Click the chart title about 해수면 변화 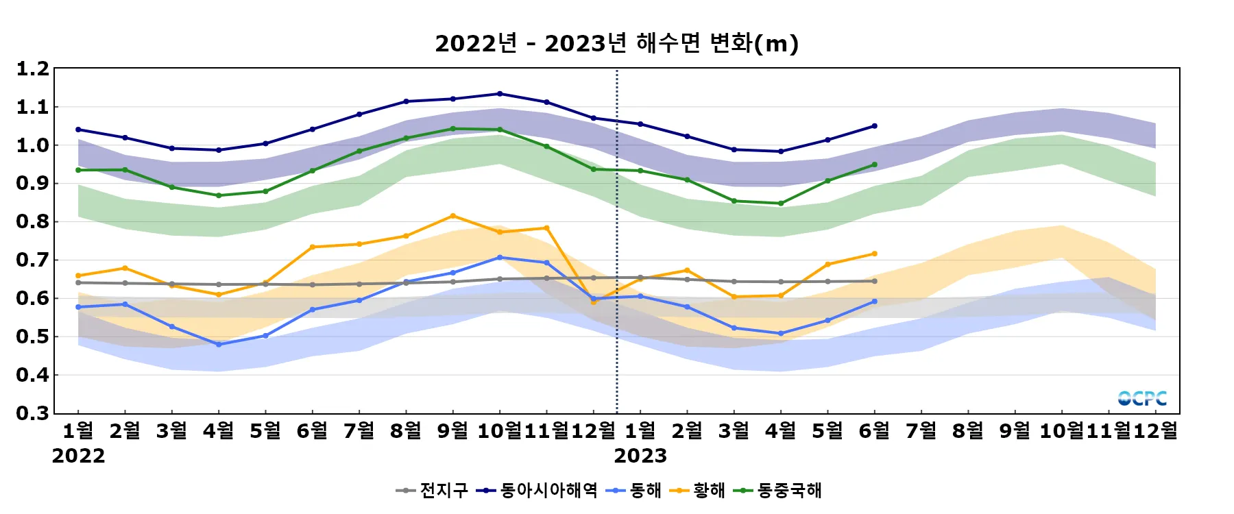pos(616,44)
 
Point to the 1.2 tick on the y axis pos(33,69)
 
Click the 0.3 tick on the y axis pos(33,413)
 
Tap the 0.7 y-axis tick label pos(33,260)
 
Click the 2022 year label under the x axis pos(78,456)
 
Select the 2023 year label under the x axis pos(640,456)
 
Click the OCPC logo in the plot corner pos(1142,398)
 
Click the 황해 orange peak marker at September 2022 pos(452,216)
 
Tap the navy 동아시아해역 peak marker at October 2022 pos(500,94)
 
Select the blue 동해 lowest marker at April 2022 pos(219,345)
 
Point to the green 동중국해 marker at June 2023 pos(874,164)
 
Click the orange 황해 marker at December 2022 pos(594,302)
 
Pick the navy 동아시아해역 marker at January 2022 pos(78,130)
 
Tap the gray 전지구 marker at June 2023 pos(874,281)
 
